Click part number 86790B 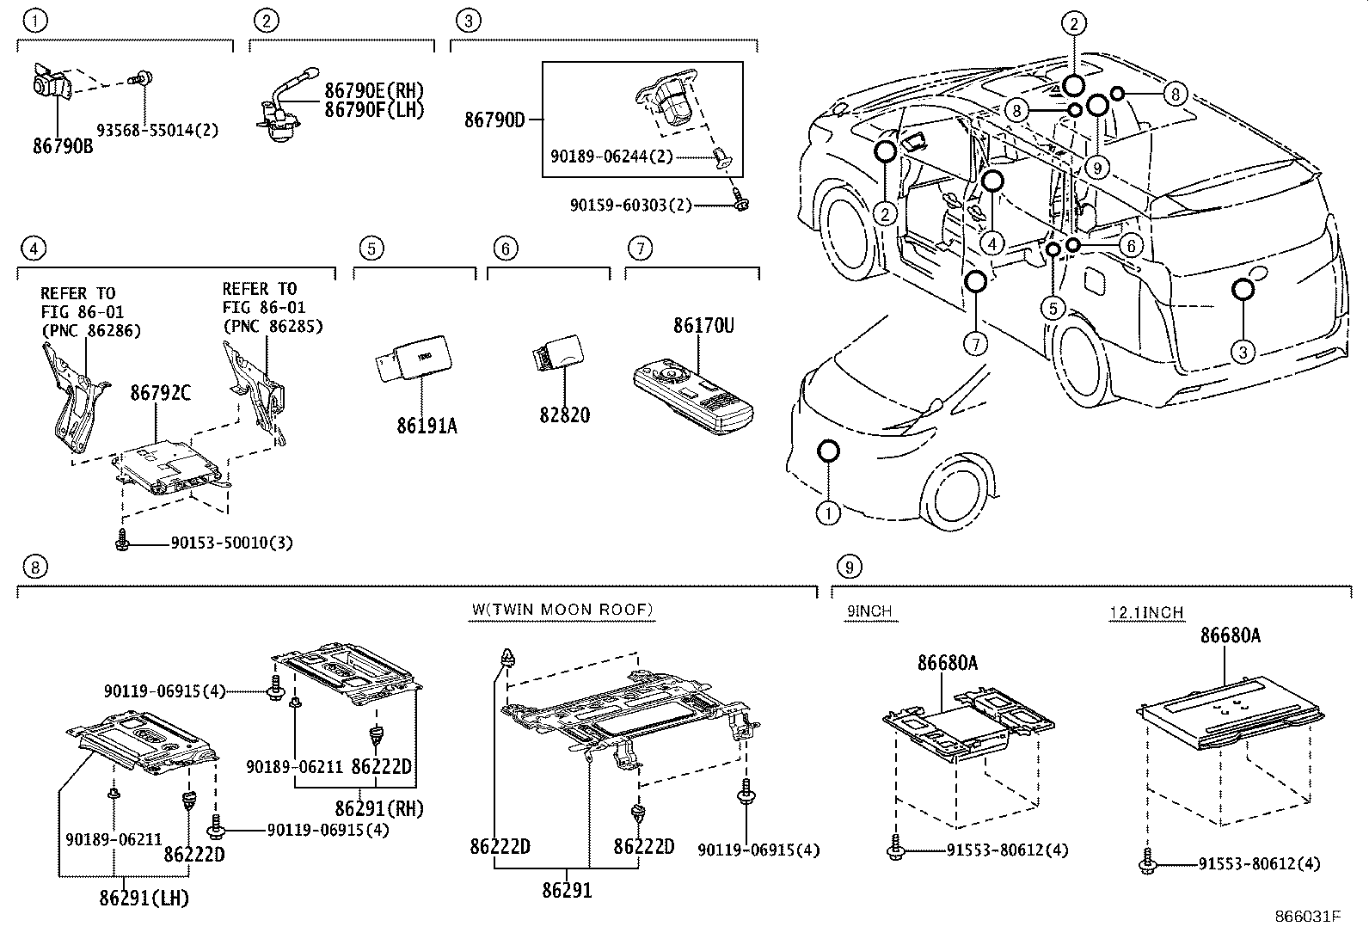coord(63,146)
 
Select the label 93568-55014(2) coord(157,130)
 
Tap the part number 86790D coord(494,120)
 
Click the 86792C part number coord(161,393)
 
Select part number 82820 coord(564,414)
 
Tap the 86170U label coord(703,326)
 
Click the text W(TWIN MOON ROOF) coord(562,610)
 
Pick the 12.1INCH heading coord(1146,612)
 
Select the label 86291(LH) coord(144,899)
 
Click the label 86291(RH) coord(379,808)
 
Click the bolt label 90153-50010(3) coord(231,543)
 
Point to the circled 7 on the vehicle coord(975,344)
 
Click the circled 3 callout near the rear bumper coord(1243,351)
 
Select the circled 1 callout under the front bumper coord(827,514)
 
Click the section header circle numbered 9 coord(848,567)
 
